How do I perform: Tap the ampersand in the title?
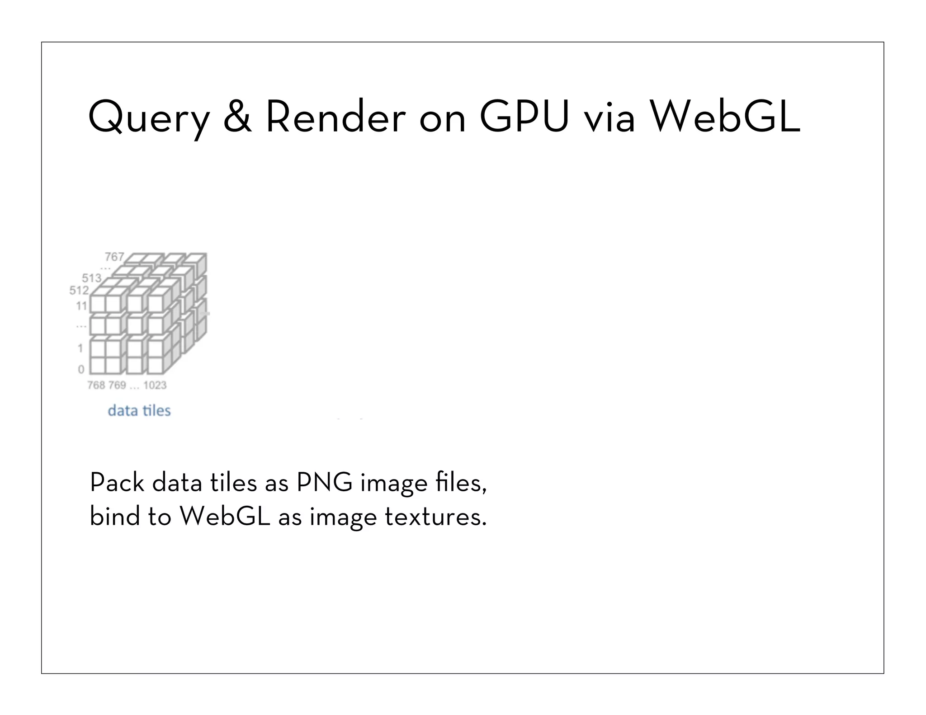click(237, 117)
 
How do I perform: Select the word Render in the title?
click(335, 117)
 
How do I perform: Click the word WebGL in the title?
click(725, 117)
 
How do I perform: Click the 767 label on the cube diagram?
click(114, 257)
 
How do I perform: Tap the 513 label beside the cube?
click(91, 278)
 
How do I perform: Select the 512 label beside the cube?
click(79, 290)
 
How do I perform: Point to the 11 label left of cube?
click(81, 306)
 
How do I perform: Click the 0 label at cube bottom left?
click(81, 369)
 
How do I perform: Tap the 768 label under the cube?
click(96, 385)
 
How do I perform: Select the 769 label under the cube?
click(117, 385)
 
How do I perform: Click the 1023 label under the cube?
click(155, 385)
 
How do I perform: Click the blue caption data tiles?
click(139, 410)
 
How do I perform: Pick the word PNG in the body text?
click(324, 483)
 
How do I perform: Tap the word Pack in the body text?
click(117, 483)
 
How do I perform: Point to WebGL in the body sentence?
click(225, 516)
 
